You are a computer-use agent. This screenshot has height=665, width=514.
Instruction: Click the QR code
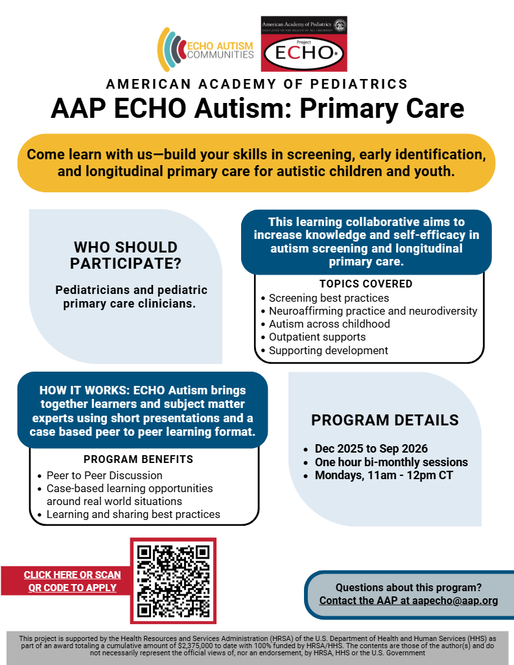click(173, 581)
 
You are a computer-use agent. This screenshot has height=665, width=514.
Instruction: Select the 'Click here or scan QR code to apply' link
click(72, 581)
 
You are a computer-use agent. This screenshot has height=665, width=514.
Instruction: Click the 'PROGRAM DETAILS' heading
click(385, 420)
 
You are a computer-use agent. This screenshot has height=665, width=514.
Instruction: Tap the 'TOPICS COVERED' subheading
click(366, 284)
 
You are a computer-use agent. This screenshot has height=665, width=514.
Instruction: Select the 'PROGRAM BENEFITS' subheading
click(138, 460)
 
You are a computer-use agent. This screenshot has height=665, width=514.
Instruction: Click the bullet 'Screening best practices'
click(329, 298)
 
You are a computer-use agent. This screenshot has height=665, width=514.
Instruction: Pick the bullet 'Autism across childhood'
click(329, 324)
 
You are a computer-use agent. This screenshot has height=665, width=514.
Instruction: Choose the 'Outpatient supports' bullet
click(317, 337)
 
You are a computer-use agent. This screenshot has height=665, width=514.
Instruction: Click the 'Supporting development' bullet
click(328, 350)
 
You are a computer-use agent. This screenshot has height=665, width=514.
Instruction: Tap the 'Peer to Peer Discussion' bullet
click(104, 475)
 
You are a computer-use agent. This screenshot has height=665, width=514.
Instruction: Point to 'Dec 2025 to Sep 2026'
click(371, 449)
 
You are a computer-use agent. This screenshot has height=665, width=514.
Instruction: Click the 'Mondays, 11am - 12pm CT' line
click(384, 475)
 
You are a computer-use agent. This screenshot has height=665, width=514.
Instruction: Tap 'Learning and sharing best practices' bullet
click(133, 514)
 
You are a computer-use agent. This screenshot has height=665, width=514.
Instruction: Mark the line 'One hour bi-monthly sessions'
click(391, 462)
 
